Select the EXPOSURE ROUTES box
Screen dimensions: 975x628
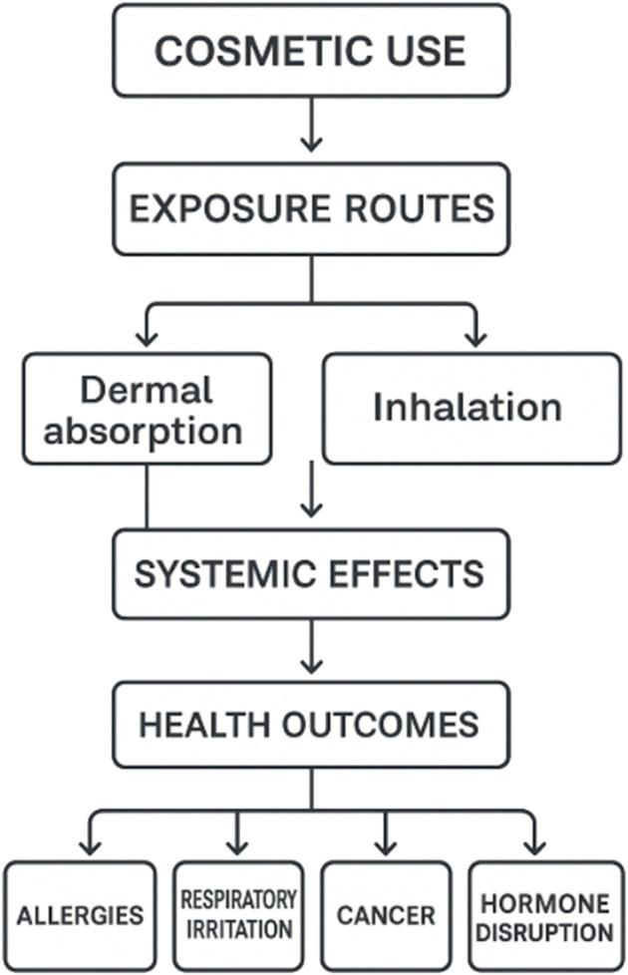[311, 208]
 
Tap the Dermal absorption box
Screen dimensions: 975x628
[147, 408]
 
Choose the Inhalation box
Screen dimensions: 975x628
[471, 408]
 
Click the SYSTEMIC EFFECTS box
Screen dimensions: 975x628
[311, 574]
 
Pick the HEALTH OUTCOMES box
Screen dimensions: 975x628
[311, 724]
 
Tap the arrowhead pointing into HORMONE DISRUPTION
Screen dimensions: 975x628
[534, 846]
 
